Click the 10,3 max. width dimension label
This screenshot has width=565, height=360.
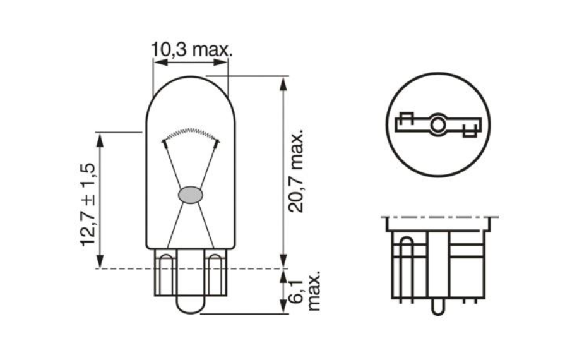click(191, 49)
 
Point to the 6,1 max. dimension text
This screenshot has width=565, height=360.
click(306, 291)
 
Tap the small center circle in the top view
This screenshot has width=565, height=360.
click(437, 124)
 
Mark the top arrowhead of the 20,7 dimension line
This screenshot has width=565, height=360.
click(283, 82)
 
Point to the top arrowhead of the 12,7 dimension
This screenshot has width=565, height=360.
click(100, 138)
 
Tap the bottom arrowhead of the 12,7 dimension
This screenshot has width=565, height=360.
click(100, 262)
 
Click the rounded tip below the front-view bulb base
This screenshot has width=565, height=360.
click(191, 306)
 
